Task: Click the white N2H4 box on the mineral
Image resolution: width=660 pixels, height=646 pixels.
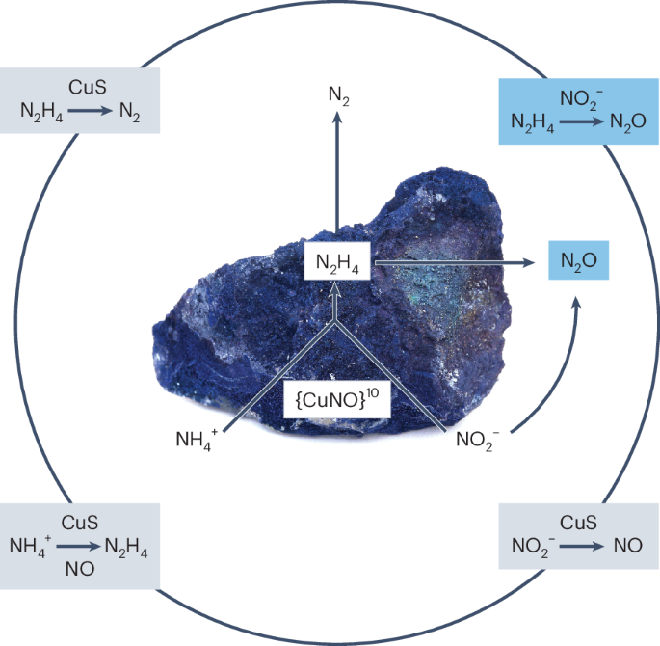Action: [337, 262]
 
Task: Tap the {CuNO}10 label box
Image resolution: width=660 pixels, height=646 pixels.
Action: [336, 397]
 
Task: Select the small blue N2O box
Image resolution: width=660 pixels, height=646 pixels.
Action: [579, 260]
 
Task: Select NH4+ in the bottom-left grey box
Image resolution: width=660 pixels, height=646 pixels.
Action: [31, 546]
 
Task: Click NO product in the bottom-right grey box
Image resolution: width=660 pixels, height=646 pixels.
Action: [627, 545]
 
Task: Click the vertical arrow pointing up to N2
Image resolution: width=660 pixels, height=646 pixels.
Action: [336, 174]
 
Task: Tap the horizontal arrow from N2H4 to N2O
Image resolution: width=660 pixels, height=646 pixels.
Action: [453, 261]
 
